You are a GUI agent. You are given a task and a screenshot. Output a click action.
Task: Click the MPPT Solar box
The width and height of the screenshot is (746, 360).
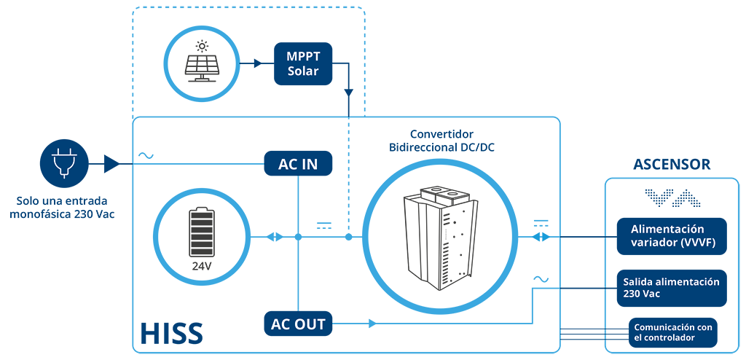(x=302, y=64)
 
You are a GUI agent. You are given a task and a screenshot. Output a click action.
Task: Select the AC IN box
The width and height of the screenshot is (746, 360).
(x=298, y=164)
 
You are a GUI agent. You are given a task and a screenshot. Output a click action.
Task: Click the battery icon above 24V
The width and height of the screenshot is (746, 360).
(x=202, y=233)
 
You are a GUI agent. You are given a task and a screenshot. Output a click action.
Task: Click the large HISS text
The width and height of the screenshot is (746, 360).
(x=172, y=332)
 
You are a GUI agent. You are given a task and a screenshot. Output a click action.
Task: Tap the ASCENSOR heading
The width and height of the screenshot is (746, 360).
(x=672, y=164)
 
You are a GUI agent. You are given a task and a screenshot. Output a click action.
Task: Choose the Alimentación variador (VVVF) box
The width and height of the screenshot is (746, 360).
(x=672, y=236)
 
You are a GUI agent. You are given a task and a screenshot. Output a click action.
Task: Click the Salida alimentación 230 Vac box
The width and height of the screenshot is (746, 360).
(x=672, y=288)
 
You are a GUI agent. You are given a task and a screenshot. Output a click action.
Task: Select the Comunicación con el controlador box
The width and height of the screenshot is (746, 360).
(x=672, y=332)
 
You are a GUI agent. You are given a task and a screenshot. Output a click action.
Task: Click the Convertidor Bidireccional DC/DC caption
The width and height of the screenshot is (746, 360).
(x=442, y=140)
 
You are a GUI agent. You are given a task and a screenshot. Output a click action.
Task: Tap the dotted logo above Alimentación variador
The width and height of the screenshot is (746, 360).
(x=672, y=198)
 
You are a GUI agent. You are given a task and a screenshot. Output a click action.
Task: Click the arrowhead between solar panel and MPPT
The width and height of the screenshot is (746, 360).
(x=258, y=63)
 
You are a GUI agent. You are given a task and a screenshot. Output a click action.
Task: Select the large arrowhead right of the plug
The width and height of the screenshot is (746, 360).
(x=111, y=164)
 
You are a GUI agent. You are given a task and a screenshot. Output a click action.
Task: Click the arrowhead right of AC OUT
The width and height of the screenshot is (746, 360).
(x=372, y=324)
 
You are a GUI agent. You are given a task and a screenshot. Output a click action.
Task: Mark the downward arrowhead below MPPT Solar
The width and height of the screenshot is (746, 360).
(x=349, y=93)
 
